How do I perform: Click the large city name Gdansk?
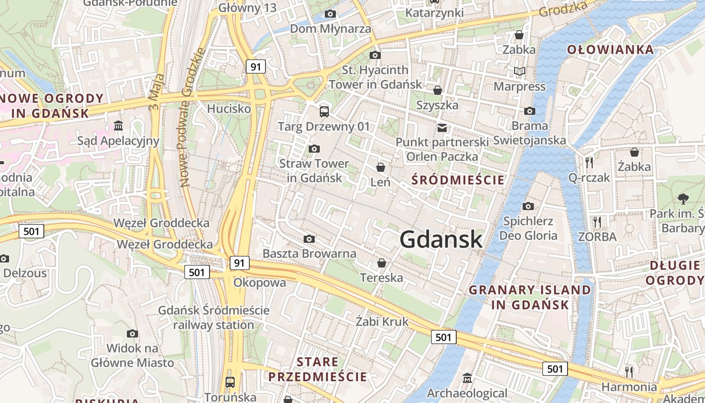441,239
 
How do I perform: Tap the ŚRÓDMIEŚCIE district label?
458,180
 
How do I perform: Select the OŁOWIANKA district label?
610,49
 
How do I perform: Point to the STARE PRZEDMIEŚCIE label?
318,369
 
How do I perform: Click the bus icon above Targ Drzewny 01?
324,111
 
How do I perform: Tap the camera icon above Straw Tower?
314,149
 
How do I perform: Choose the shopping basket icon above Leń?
381,167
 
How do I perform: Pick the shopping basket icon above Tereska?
382,263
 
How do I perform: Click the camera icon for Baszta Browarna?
309,239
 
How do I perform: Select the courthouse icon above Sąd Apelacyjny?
118,125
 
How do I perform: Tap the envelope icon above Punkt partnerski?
442,127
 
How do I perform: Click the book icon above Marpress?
519,72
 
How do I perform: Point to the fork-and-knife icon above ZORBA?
597,222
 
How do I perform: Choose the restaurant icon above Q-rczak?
589,162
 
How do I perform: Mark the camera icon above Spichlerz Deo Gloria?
528,206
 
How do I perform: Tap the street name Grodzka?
563,9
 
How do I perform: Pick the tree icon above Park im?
683,198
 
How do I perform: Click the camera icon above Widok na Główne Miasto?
132,333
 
